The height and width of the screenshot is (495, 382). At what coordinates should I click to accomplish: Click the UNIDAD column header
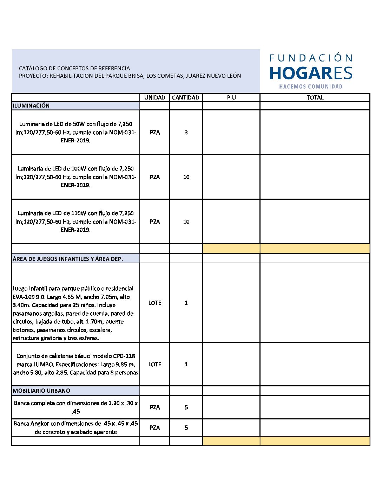click(x=154, y=98)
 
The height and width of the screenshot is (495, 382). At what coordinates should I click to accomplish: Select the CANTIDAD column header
click(x=186, y=98)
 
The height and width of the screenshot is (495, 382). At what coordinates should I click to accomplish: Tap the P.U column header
click(x=231, y=98)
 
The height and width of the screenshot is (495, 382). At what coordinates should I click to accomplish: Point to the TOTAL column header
click(x=315, y=98)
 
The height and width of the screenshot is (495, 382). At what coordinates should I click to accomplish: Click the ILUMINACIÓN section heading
click(x=31, y=106)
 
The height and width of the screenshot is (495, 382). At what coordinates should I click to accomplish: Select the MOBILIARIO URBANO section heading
click(x=41, y=391)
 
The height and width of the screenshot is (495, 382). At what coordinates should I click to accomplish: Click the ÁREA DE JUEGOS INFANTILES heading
click(x=68, y=259)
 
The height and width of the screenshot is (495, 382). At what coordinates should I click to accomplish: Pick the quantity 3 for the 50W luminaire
click(x=186, y=133)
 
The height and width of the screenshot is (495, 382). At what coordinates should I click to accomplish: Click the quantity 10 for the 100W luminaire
click(x=186, y=177)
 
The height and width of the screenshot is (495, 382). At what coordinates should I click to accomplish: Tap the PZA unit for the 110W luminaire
click(x=154, y=222)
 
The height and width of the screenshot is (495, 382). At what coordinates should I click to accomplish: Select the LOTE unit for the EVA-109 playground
click(x=154, y=303)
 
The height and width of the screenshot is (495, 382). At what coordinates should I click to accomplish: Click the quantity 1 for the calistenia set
click(x=186, y=365)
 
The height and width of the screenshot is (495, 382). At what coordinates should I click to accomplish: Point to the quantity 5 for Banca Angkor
click(x=186, y=428)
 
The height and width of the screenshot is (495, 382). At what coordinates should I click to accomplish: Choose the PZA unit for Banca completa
click(x=154, y=407)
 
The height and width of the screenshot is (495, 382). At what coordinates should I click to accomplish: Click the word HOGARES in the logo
click(x=311, y=73)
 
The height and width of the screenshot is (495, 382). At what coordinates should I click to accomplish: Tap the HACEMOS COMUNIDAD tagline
click(x=311, y=86)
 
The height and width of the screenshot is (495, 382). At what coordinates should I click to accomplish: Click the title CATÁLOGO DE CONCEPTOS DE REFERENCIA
click(x=74, y=69)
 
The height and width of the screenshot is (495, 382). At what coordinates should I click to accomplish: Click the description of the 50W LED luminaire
click(x=75, y=132)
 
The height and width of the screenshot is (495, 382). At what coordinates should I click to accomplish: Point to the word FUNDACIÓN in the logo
click(x=311, y=58)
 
